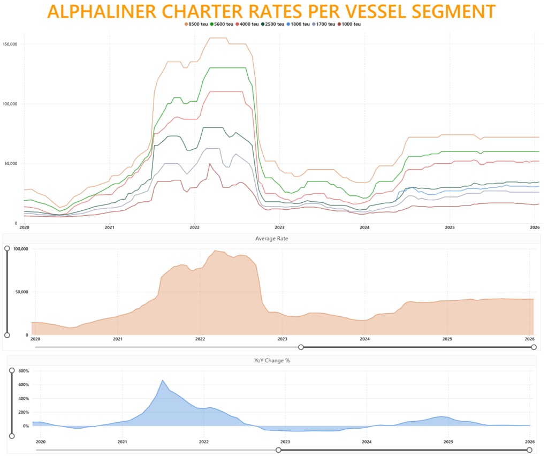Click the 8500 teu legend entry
pos(197,24)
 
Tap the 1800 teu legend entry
pos(299,24)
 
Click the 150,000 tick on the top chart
pos(11,44)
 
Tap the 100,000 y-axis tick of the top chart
pos(11,104)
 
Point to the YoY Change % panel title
pos(272,361)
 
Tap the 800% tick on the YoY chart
pos(23,370)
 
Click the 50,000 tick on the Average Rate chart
pos(20,292)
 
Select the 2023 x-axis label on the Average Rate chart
pos(283,339)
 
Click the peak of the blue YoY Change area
pos(163,380)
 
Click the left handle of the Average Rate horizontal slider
pos(301,347)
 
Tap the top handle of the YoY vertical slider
pos(12,370)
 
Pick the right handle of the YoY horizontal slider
pos(534,450)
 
